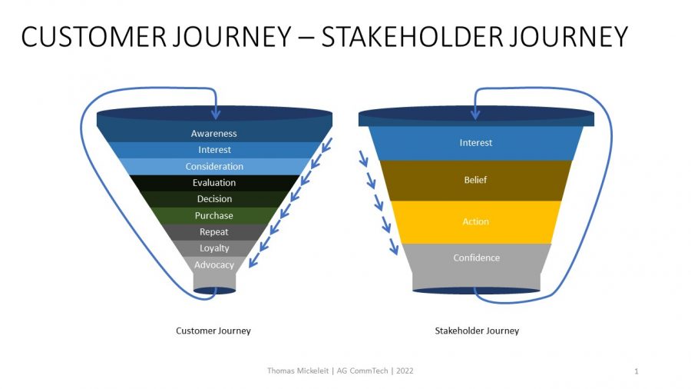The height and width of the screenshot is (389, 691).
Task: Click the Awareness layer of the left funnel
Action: click(213, 134)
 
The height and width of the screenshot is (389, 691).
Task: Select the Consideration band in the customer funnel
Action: click(214, 167)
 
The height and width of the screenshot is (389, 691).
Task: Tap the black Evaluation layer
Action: click(214, 183)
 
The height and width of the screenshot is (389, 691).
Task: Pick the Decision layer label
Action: click(214, 199)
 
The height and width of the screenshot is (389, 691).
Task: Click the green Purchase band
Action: click(214, 216)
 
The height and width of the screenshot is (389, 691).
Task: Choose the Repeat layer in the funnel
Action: click(214, 232)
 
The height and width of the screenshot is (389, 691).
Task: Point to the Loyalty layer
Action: click(214, 248)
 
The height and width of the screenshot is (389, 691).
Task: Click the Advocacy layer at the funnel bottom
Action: click(214, 265)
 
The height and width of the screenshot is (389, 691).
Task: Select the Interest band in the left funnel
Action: click(214, 150)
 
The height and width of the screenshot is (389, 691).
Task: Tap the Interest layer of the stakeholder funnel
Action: click(475, 143)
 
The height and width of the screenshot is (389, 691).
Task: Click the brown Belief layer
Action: click(475, 181)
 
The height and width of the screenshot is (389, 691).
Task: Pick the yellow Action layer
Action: click(475, 221)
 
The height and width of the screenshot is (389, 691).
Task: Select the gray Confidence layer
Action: click(475, 258)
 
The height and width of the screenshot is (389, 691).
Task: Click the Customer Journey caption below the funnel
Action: click(213, 331)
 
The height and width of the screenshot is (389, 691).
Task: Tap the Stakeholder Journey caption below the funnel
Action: click(477, 331)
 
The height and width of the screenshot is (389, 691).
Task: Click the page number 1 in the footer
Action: click(636, 372)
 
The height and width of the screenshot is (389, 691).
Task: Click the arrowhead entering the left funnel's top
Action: click(216, 114)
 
